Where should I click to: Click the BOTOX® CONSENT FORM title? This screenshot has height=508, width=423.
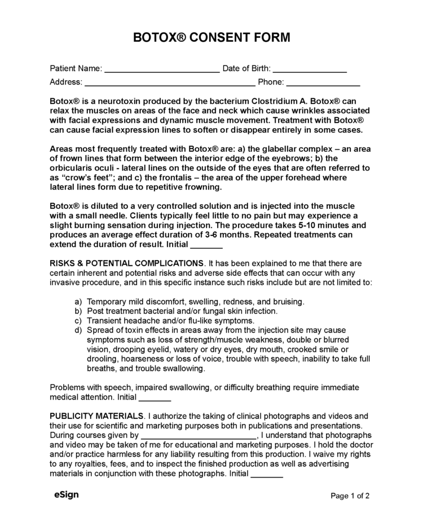[211, 38]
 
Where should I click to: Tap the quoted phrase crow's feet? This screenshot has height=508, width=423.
[79, 177]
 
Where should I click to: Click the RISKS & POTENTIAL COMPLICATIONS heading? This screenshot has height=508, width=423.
[127, 263]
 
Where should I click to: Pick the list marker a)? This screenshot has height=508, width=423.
[78, 301]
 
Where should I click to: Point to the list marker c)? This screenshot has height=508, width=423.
[78, 321]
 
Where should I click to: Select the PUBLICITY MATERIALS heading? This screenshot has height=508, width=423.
[97, 416]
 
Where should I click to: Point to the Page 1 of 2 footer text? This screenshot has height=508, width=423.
[350, 496]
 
